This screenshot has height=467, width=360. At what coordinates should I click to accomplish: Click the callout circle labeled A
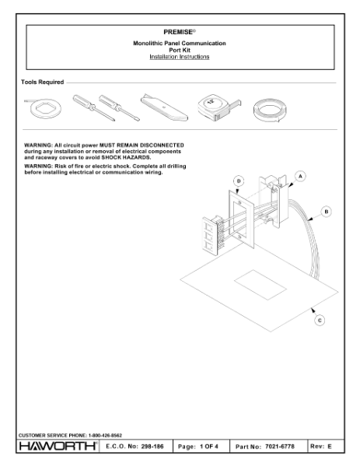tap(300, 177)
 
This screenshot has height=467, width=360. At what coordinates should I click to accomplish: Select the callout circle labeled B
tap(327, 212)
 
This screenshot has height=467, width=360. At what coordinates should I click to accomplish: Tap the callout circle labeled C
tap(320, 321)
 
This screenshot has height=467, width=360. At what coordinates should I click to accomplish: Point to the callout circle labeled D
tap(239, 181)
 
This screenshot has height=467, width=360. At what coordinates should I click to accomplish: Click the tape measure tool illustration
tap(218, 107)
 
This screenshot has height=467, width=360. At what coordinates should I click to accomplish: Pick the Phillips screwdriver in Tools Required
tap(94, 107)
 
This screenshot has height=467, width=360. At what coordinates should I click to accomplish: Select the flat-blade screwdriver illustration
tap(119, 108)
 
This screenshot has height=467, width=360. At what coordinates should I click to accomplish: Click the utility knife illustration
tap(164, 108)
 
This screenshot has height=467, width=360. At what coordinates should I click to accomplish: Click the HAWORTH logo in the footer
tap(58, 446)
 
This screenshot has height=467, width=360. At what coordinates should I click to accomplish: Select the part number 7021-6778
tap(280, 447)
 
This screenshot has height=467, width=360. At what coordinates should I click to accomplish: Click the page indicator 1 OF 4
tap(209, 447)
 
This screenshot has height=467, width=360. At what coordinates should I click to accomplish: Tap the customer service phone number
tap(105, 435)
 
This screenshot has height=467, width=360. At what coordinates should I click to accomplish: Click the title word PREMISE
tap(178, 32)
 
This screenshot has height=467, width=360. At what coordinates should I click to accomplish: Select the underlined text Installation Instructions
tap(180, 57)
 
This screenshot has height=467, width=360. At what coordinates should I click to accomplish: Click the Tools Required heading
tap(43, 82)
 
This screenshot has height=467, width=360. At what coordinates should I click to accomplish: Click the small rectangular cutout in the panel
tap(260, 285)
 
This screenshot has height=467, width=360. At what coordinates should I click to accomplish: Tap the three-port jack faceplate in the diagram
tap(211, 235)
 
